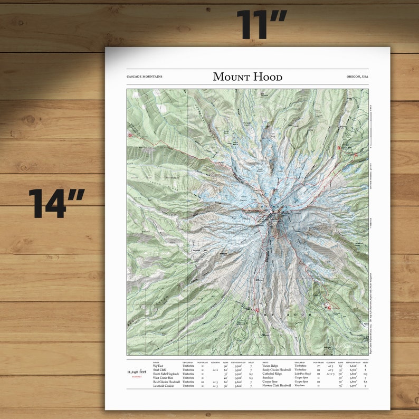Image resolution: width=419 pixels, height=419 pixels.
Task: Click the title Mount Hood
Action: (247, 77)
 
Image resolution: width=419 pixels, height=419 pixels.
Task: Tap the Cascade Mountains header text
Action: (145, 77)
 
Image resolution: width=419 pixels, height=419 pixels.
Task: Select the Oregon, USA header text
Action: (357, 77)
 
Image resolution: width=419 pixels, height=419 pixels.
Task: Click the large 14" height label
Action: (56, 204)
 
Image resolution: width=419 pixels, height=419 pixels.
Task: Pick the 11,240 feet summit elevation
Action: (136, 372)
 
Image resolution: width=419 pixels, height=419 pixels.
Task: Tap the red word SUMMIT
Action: (136, 377)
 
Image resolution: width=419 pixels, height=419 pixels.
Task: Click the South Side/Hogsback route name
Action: (163, 374)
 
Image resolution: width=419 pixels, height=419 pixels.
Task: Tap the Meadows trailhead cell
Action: (300, 386)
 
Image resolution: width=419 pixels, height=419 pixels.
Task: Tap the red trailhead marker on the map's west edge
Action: (130, 136)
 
